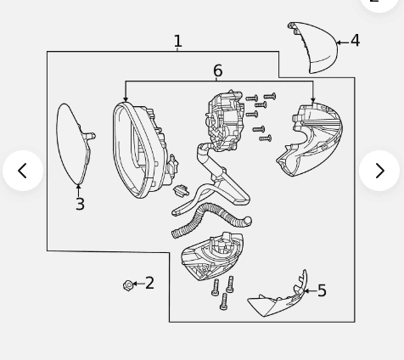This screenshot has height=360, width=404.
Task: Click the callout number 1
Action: click(x=177, y=42)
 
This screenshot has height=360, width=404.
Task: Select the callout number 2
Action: click(x=149, y=283)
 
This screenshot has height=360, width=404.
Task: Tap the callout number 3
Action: click(x=80, y=204)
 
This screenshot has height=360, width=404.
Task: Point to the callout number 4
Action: click(x=355, y=41)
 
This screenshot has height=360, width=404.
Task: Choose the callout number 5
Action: click(x=322, y=290)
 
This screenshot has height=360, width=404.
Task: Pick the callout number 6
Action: click(x=217, y=70)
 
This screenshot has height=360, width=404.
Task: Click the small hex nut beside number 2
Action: click(x=128, y=285)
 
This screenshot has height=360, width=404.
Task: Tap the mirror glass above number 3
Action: click(x=74, y=143)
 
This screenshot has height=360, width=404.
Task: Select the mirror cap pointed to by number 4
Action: click(x=314, y=47)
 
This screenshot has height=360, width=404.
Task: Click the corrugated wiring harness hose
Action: click(x=211, y=220)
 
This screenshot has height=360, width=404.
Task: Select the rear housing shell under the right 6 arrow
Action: click(x=311, y=139)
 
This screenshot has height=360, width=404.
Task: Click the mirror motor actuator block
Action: click(x=225, y=120)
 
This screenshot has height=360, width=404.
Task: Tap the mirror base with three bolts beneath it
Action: click(x=211, y=256)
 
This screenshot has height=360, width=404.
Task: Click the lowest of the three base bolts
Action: click(x=223, y=301)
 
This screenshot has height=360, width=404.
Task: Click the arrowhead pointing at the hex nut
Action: click(x=135, y=284)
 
